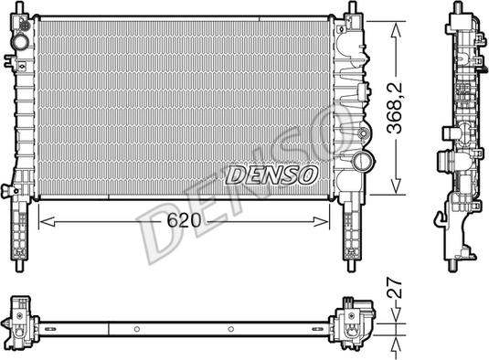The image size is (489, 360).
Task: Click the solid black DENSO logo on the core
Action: [x=271, y=173]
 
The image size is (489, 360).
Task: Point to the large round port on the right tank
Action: [x=362, y=164]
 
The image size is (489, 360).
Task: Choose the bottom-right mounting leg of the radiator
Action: [x=350, y=233]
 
